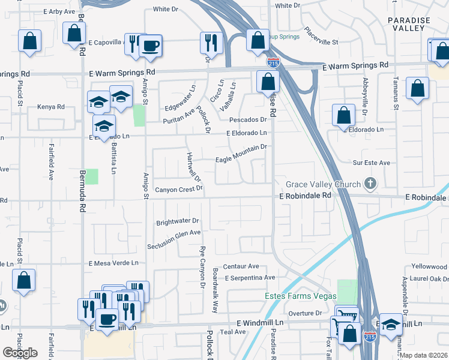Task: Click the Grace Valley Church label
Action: (323, 184)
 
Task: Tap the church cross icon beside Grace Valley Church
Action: (371, 184)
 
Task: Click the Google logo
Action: (20, 352)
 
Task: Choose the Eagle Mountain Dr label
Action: (240, 154)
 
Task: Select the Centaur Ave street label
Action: (241, 266)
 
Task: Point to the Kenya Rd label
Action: (50, 107)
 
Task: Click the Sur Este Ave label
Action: (372, 163)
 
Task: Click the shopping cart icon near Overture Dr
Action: (348, 314)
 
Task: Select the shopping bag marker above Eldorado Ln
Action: (343, 115)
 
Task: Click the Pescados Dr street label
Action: (244, 119)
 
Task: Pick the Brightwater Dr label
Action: (177, 221)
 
